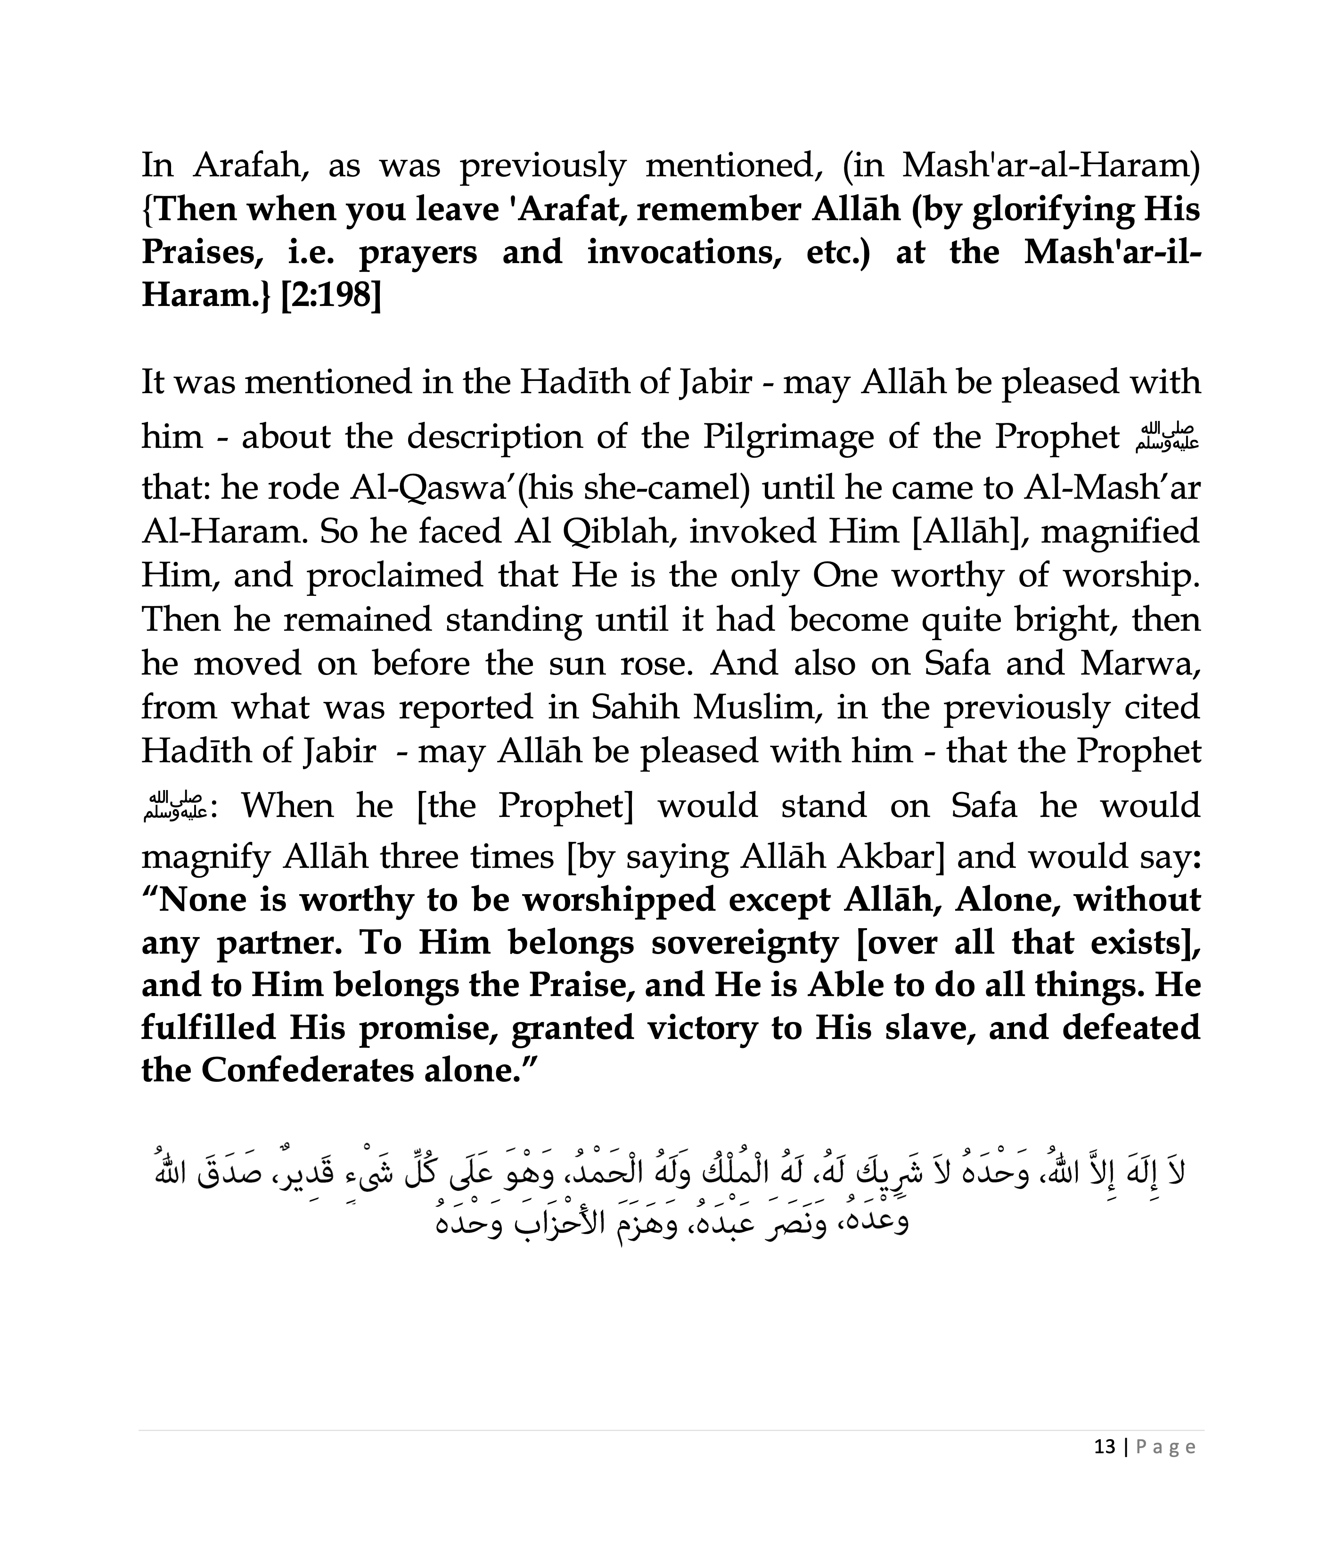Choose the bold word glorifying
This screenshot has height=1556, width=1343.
click(1051, 209)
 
